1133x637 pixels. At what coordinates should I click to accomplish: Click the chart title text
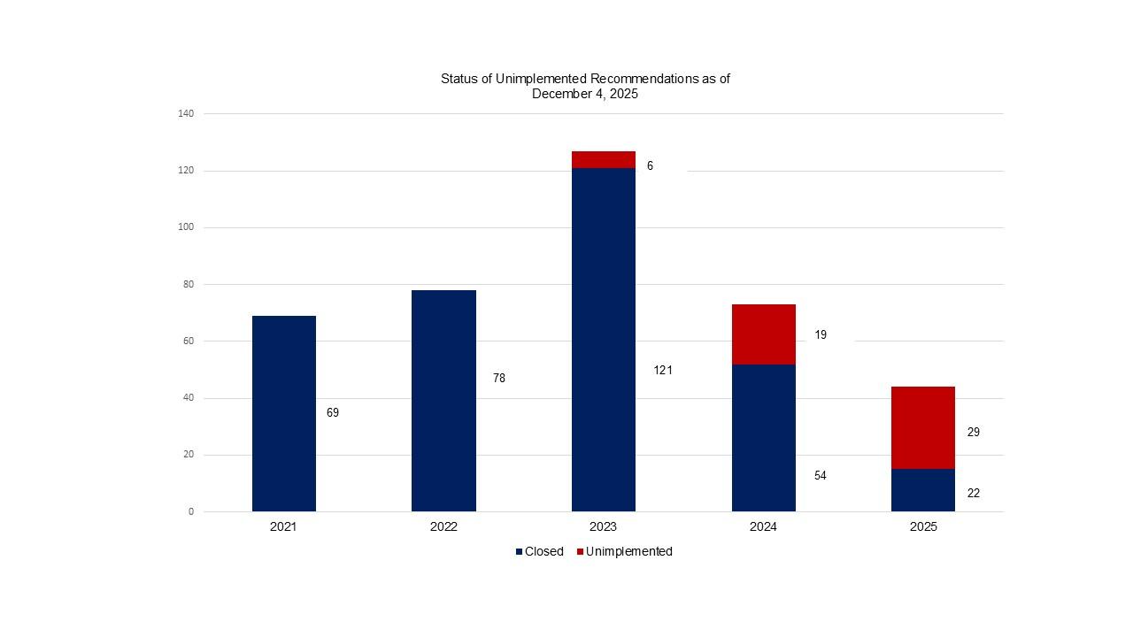pyautogui.click(x=585, y=86)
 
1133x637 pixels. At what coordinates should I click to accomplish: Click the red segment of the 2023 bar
pyautogui.click(x=603, y=159)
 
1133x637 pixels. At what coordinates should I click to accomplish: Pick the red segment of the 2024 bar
pyautogui.click(x=763, y=334)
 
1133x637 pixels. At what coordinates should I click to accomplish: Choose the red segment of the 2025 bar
pyautogui.click(x=922, y=427)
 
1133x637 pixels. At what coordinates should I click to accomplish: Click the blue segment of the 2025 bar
pyautogui.click(x=922, y=490)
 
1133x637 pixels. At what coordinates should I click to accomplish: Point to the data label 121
pyautogui.click(x=663, y=371)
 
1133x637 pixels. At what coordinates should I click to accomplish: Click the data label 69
pyautogui.click(x=333, y=412)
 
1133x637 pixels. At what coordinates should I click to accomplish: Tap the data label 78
pyautogui.click(x=499, y=378)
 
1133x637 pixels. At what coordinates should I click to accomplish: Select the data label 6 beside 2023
pyautogui.click(x=650, y=165)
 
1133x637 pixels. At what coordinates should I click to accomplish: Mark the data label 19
pyautogui.click(x=821, y=335)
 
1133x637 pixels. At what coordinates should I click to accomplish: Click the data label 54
pyautogui.click(x=821, y=476)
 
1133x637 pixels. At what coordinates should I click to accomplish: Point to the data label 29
pyautogui.click(x=973, y=433)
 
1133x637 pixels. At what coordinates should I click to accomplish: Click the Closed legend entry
pyautogui.click(x=539, y=551)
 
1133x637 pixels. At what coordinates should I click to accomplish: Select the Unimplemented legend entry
pyautogui.click(x=624, y=551)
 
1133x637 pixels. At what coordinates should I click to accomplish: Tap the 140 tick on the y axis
pyautogui.click(x=186, y=113)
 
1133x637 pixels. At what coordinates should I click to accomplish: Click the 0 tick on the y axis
pyautogui.click(x=190, y=511)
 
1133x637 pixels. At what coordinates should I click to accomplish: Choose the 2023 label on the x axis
pyautogui.click(x=603, y=526)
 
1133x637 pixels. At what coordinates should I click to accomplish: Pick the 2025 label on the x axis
pyautogui.click(x=922, y=526)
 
